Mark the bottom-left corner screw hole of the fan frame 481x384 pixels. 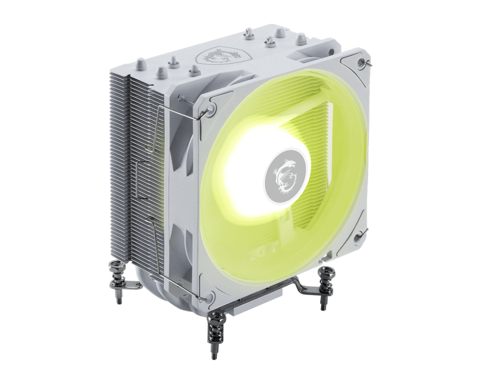pos(209,296)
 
